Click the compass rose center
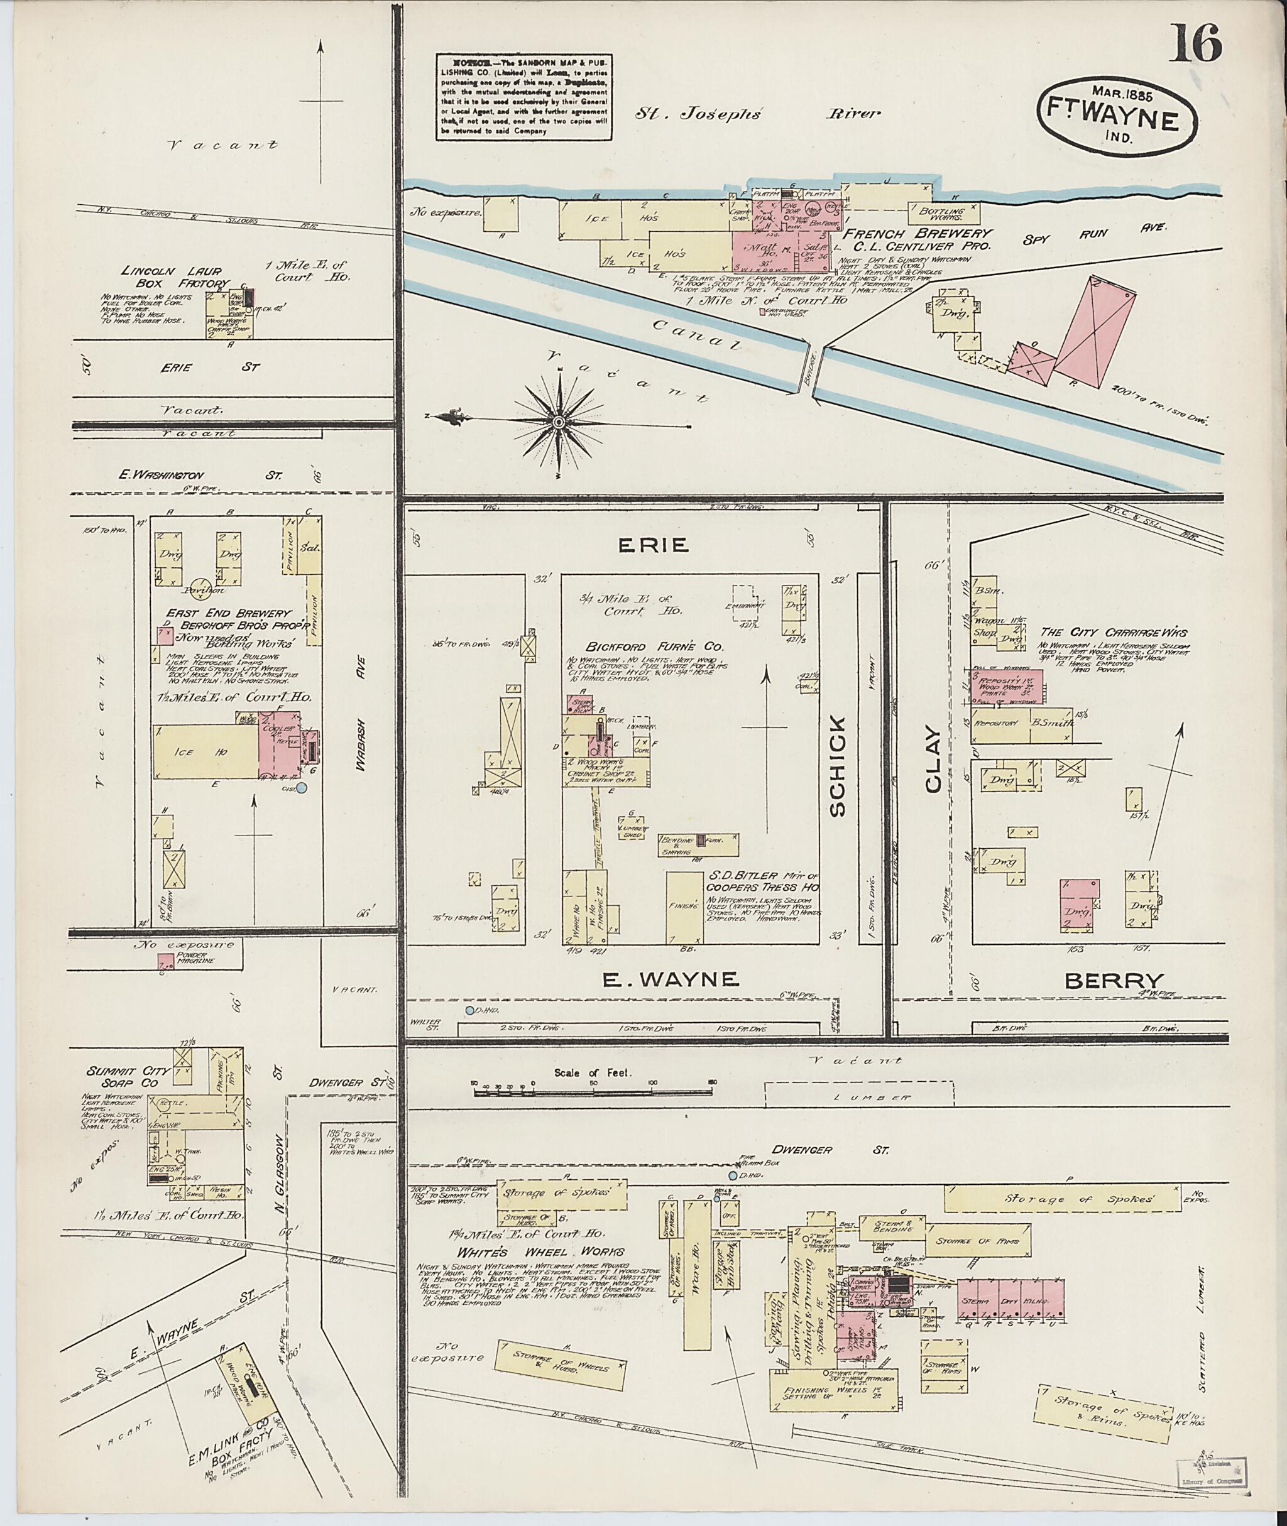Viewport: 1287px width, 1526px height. (x=559, y=422)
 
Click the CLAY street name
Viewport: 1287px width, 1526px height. (x=933, y=759)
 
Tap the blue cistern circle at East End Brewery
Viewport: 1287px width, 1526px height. (x=301, y=787)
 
